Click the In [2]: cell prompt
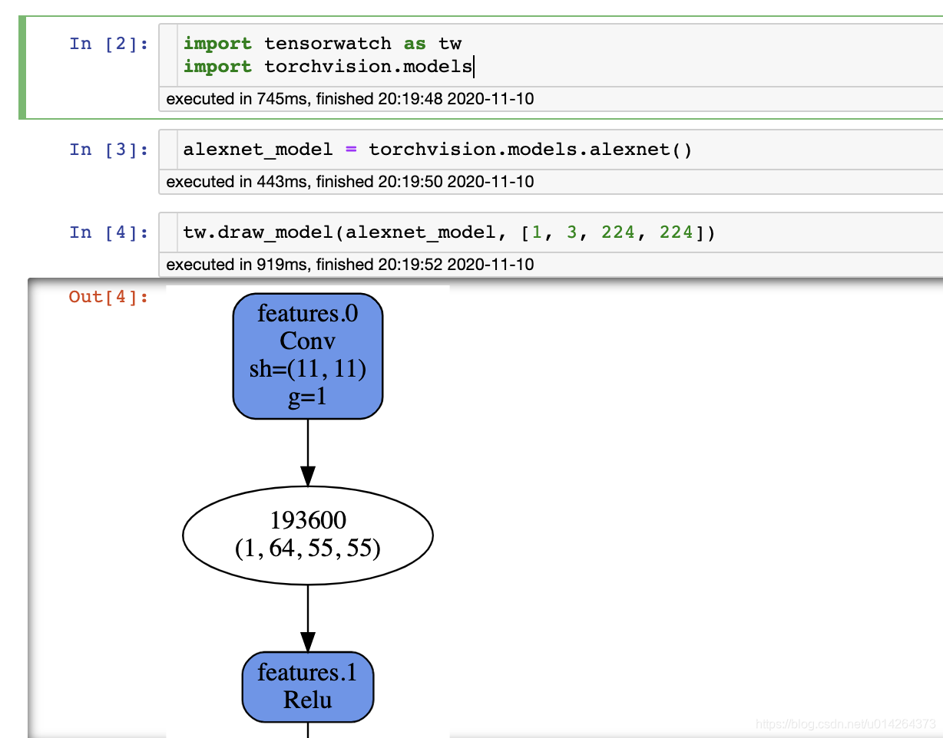108,44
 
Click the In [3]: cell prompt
108,150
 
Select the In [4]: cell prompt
108,232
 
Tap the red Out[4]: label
108,297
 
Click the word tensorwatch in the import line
328,44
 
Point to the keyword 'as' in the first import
415,44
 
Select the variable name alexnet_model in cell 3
258,150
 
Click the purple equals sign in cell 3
351,150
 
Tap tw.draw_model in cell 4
258,232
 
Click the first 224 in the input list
618,232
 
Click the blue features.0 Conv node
308,356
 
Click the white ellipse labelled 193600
308,535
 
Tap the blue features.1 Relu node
308,687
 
